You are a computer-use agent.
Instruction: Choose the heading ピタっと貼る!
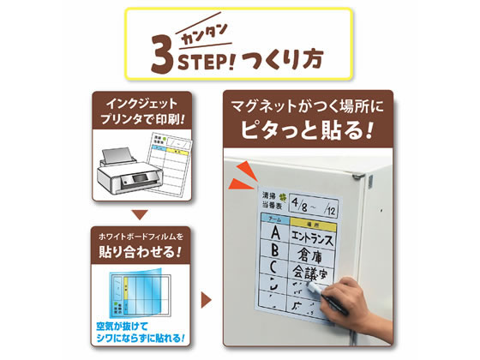click(x=309, y=134)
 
